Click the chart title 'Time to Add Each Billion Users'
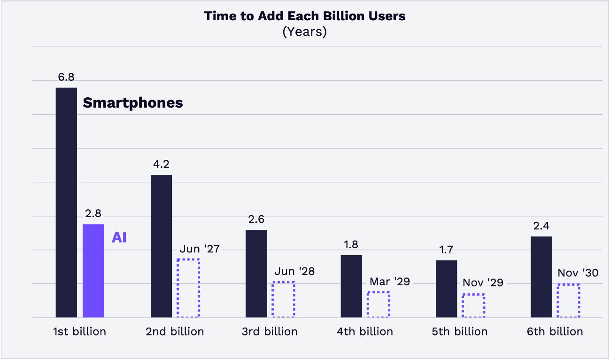[305, 16]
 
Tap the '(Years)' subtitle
[305, 32]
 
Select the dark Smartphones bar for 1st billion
[66, 202]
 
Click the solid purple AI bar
[93, 271]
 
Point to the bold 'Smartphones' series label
[133, 103]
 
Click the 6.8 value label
[66, 77]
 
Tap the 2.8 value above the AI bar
[93, 213]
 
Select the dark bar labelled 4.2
[161, 246]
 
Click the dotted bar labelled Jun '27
[188, 288]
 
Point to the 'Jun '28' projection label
[294, 271]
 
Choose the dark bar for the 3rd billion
[256, 274]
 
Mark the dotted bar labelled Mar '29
[378, 304]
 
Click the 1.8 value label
[351, 245]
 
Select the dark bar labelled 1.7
[446, 289]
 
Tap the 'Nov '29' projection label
[483, 283]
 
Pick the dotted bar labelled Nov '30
[568, 300]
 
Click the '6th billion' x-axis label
[555, 331]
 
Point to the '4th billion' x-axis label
[365, 331]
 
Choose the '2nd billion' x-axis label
[175, 331]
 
